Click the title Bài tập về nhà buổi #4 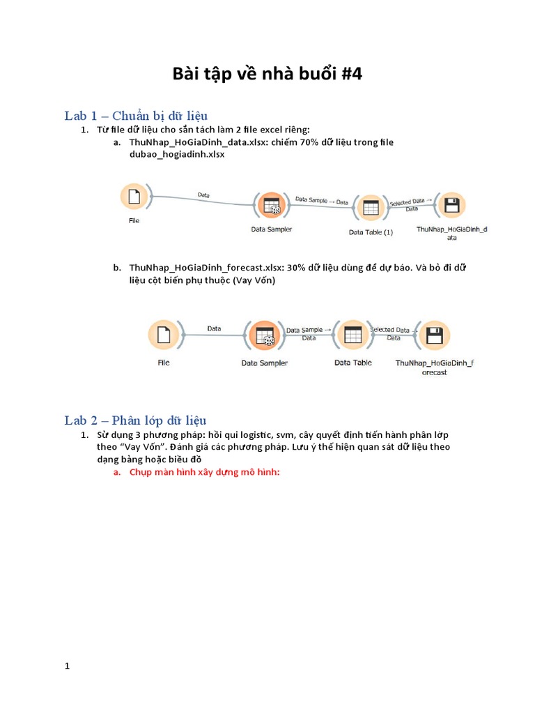point(267,74)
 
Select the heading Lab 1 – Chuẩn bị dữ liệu point(136,115)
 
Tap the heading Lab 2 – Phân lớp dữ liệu point(135,420)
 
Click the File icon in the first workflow point(134,197)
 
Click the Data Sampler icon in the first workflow point(270,206)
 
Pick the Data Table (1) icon point(370,208)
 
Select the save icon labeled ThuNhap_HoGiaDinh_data point(451,206)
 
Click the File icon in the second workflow point(163,335)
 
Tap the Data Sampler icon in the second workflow point(264,336)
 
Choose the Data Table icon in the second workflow point(352,335)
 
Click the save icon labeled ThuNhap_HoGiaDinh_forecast point(435,336)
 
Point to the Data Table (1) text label point(371,232)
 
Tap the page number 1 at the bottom point(68,666)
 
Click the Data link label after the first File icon point(203,195)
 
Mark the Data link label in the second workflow point(214,328)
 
